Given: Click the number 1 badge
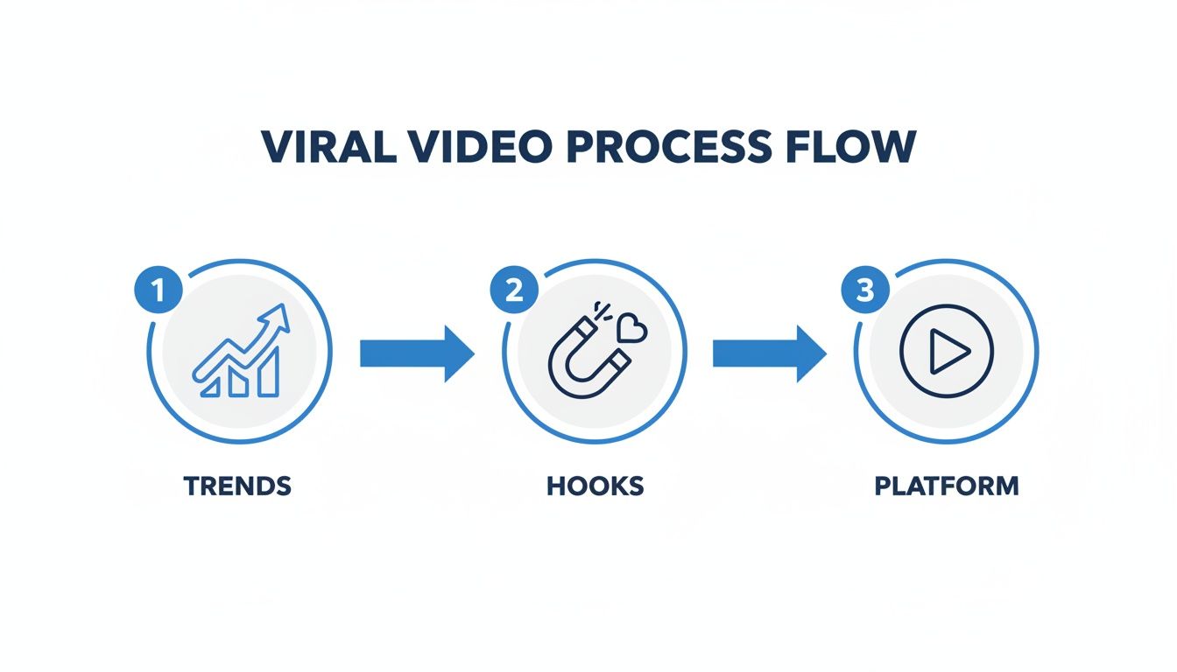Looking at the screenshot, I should (x=159, y=290).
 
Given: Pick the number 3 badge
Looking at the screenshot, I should (x=865, y=290).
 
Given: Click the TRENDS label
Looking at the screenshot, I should (x=237, y=486).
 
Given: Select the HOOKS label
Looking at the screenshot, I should (x=596, y=486).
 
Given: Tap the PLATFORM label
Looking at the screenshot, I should (x=947, y=486).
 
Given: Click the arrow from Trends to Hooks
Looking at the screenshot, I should (x=417, y=353).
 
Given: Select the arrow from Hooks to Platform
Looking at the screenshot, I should (x=769, y=353).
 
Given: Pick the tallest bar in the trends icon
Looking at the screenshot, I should (x=269, y=370).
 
